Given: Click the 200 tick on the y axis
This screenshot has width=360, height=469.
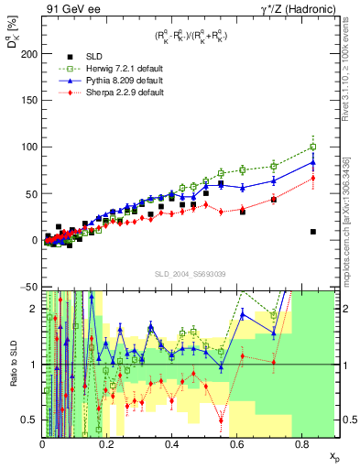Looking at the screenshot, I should pos(27,54).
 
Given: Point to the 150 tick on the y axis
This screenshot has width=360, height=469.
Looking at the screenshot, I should pos(27,101).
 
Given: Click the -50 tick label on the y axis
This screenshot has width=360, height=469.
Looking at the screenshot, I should pos(27,287).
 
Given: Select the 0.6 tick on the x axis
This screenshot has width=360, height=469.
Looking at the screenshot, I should pos(237,444).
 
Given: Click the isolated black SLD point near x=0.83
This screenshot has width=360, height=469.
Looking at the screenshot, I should pos(313,232).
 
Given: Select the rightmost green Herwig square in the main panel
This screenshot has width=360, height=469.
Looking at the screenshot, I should pos(313,147).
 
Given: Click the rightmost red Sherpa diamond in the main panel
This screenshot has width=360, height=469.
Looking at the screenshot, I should pos(313,179).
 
